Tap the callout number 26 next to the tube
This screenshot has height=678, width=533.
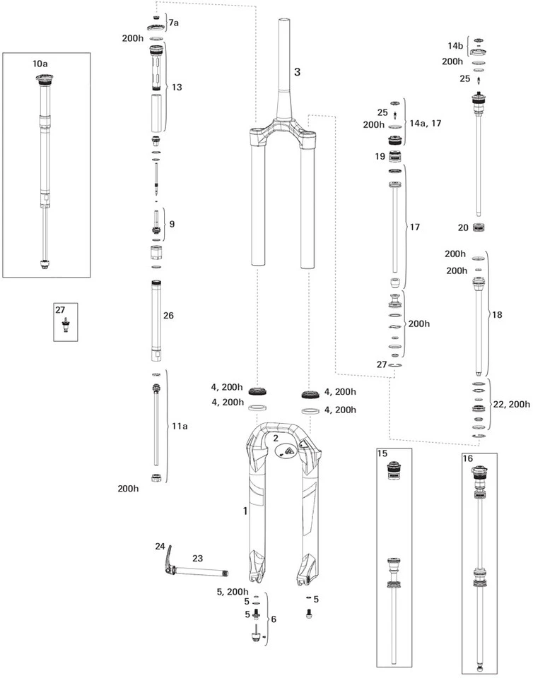(x=168, y=316)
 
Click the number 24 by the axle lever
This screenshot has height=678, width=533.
(x=160, y=547)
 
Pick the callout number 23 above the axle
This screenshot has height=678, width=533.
(x=197, y=558)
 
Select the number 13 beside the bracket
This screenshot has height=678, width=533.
(x=177, y=87)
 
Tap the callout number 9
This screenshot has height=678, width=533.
(x=170, y=225)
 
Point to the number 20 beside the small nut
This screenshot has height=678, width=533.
(x=463, y=227)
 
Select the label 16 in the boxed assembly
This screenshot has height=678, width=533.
(x=468, y=458)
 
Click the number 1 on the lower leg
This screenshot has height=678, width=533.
(x=245, y=510)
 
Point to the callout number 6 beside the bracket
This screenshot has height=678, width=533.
(x=274, y=619)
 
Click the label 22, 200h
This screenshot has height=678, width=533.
(x=510, y=404)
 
